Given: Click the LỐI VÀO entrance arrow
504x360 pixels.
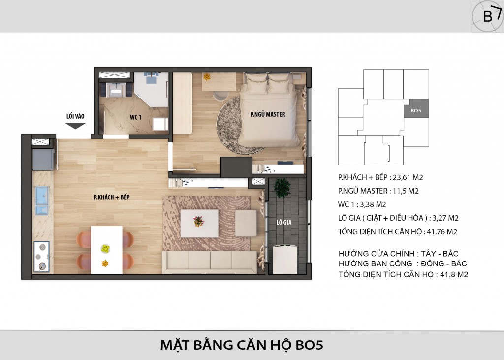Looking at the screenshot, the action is point(75,126).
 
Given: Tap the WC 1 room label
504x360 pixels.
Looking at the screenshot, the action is point(136,117).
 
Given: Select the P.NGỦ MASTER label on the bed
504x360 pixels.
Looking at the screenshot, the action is point(268,114).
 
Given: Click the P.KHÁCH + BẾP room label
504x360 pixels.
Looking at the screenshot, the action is point(112,197).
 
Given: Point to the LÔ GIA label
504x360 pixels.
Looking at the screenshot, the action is point(284,222).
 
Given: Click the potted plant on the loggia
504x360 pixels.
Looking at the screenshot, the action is point(282,188).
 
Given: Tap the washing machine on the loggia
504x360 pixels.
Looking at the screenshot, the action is point(285,260).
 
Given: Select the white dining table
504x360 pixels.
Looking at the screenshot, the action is point(106,250).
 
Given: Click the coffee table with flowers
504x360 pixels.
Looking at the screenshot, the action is point(199,223).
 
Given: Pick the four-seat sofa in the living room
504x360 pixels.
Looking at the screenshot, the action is point(210,262).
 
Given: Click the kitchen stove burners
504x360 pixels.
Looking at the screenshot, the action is point(42,257).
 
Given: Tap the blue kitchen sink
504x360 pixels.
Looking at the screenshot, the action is point(42,200).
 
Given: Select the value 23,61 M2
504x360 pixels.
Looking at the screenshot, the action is point(408,177).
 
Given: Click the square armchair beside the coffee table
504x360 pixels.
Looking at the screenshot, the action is point(246,223).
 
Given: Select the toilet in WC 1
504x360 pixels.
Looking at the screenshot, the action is point(160,124).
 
